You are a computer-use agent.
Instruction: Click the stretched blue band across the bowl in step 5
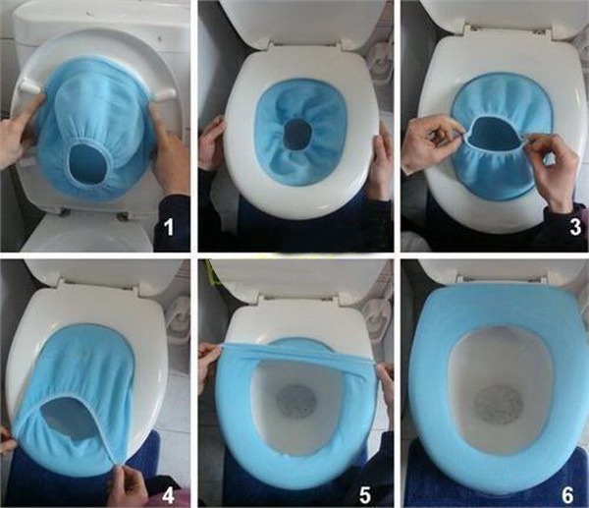[x=294, y=357]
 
